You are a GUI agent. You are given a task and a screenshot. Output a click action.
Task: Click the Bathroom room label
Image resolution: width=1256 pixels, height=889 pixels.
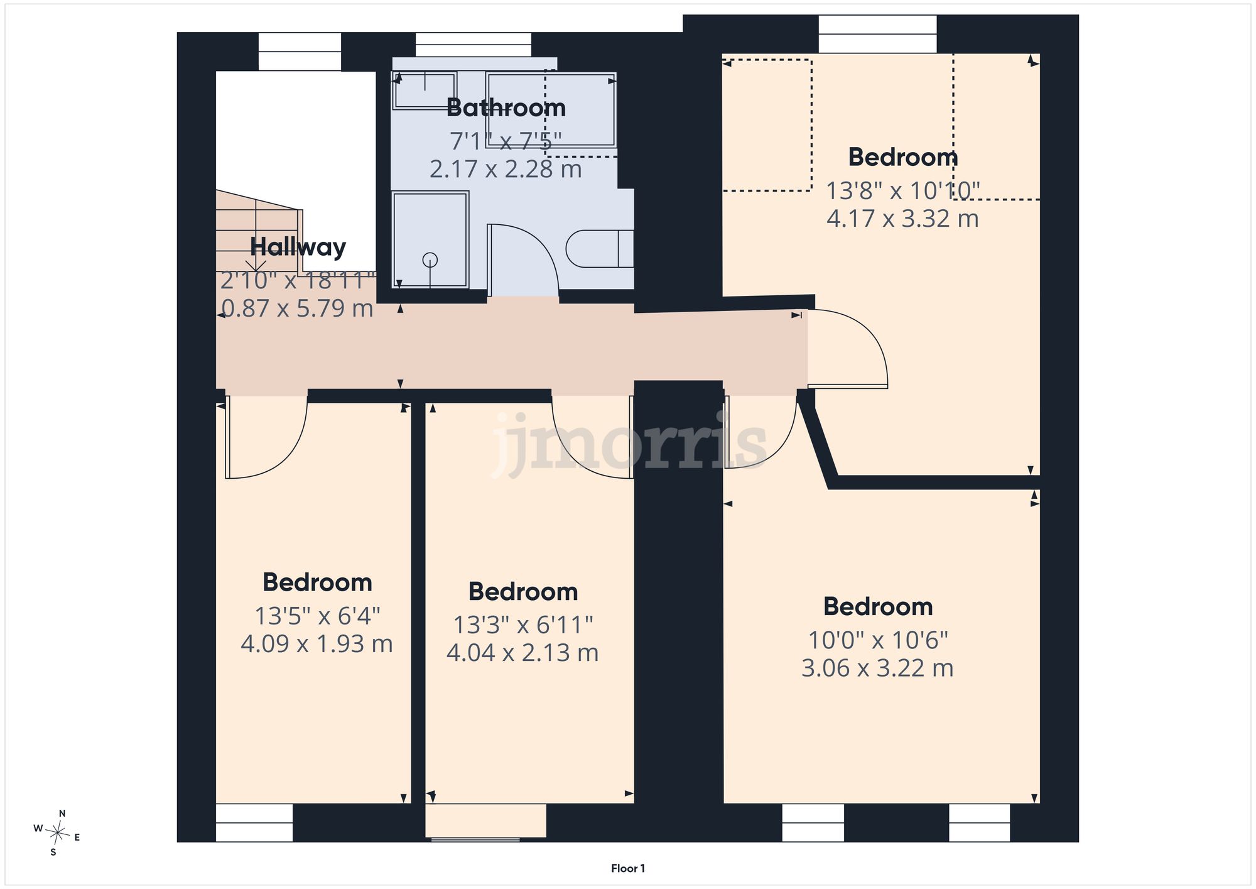coord(506,108)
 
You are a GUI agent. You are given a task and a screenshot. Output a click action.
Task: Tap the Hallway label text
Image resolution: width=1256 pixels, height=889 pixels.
coord(298,247)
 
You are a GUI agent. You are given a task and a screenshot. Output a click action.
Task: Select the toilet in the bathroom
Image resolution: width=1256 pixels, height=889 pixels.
coord(600,249)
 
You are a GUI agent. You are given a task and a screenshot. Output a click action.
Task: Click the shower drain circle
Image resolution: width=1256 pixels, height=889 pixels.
coord(430,259)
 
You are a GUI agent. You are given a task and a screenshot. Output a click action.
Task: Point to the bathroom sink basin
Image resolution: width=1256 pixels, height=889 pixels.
coord(425,90)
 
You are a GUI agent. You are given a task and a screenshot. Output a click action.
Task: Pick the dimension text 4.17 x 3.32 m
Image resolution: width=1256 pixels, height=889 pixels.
coord(902,219)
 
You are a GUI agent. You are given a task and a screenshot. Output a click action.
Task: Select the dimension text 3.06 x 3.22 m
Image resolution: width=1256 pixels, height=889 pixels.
coord(877,668)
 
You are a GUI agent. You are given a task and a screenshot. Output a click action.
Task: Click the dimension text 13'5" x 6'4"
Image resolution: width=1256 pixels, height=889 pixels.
coord(317,616)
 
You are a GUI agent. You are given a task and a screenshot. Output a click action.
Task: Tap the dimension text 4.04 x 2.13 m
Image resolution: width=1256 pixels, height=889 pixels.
coord(522,653)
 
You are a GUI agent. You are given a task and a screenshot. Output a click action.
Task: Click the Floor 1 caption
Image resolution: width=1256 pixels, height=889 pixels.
coord(628,868)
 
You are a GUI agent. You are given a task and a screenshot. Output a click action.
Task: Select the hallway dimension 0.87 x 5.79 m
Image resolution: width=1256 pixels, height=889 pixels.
coord(298,308)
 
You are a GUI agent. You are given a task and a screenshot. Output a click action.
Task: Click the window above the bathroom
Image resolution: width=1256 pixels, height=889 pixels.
coord(473,45)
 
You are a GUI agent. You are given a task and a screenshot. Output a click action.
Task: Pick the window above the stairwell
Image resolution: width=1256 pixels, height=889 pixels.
coord(300,52)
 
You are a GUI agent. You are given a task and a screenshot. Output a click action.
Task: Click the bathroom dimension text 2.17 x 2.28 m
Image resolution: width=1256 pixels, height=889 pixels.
coord(506,169)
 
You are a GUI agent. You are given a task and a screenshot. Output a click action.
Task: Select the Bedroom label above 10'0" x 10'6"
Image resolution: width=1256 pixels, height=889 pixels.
coord(878,607)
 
